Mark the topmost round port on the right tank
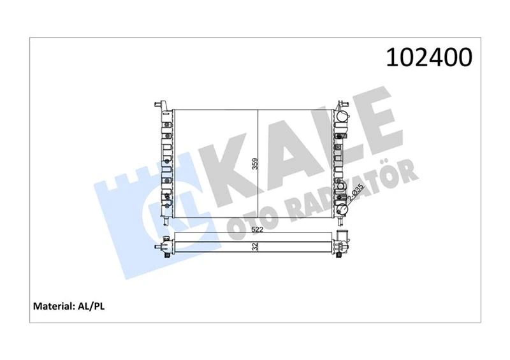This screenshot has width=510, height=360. coord(343,118)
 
